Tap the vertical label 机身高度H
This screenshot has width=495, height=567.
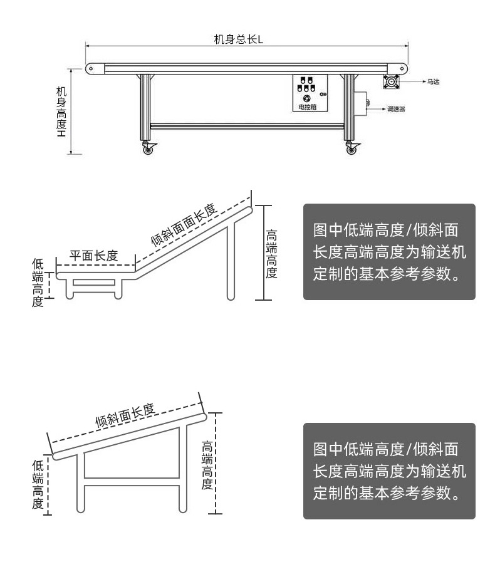coord(61,112)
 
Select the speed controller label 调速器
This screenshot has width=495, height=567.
coord(395,108)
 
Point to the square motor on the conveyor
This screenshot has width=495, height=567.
coord(393,81)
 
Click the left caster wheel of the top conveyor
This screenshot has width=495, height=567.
coord(148,149)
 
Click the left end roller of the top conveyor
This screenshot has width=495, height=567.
coord(91,68)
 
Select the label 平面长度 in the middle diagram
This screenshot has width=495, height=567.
coord(94,256)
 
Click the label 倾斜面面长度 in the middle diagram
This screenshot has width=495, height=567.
coord(184,224)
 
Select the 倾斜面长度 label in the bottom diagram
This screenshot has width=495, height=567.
coord(125,415)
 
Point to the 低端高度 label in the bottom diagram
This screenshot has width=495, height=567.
coord(38,484)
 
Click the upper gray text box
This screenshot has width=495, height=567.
coord(389,251)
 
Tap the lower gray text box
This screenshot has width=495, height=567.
coord(389,471)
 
